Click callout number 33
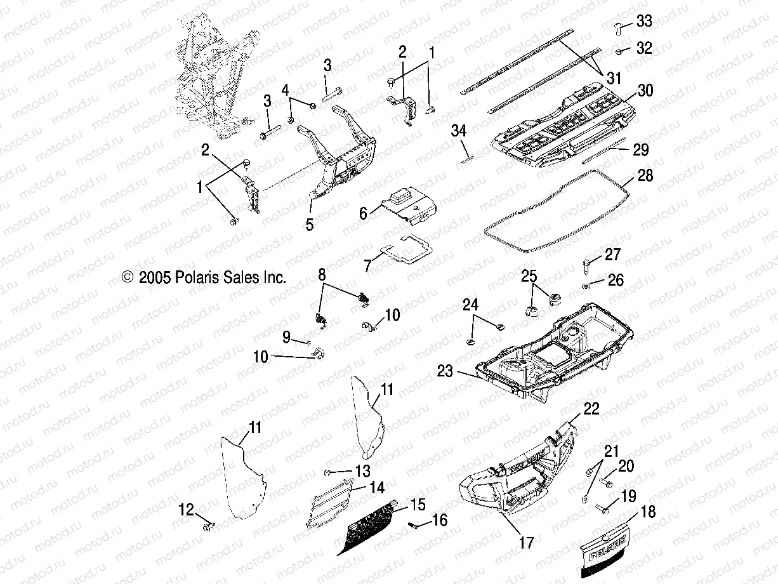coord(644,22)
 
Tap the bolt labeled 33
coord(619,27)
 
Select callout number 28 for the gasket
coord(645,175)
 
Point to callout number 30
coord(645,91)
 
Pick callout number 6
coord(363,213)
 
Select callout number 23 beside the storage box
coord(445,371)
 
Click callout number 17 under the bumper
coord(526,543)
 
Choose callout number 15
coord(418,505)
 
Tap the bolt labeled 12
coord(208,526)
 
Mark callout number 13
coord(362,471)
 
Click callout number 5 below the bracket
coord(310,225)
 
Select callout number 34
coord(459,131)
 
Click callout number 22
coord(591,409)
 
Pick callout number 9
coord(286,336)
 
